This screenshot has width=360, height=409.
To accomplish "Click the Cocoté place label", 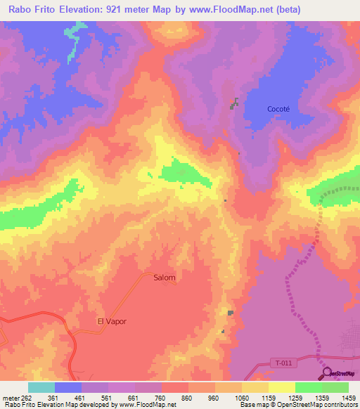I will [278, 109].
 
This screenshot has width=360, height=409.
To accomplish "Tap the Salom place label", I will [165, 277].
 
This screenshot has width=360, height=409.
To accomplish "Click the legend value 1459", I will [348, 398].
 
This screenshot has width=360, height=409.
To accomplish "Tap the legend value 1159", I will [269, 398].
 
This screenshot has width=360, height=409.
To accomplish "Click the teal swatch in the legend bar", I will [41, 387].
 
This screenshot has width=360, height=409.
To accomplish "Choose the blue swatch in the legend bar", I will [68, 387].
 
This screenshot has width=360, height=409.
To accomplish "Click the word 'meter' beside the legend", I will [8, 398].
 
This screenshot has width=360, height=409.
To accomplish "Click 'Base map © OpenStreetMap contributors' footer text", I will [298, 405].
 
